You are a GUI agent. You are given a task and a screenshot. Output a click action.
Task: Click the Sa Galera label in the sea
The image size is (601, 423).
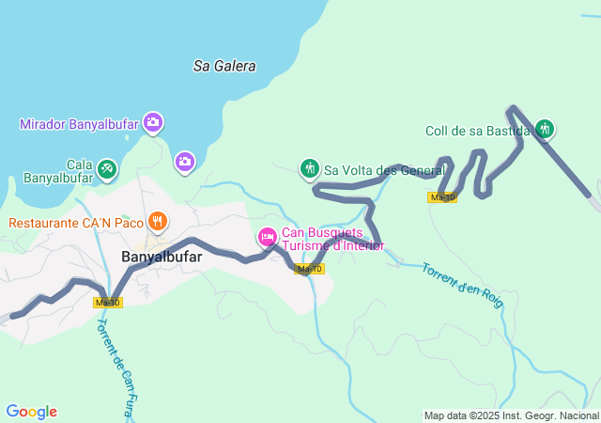click(224, 66)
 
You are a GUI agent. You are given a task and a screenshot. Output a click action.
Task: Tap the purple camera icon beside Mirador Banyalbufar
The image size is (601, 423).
click(153, 122)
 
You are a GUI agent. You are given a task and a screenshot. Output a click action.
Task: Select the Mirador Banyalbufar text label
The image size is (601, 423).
click(79, 124)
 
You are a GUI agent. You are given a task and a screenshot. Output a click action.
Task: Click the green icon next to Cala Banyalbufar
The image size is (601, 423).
click(107, 168)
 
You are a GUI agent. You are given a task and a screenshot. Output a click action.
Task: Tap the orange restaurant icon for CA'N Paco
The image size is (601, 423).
click(158, 222)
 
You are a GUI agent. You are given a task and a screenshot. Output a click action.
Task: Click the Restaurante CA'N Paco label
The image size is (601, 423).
click(76, 223)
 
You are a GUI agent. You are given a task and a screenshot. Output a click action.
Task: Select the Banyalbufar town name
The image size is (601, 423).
click(162, 256)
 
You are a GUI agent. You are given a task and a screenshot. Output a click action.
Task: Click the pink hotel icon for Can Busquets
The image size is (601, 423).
click(267, 237)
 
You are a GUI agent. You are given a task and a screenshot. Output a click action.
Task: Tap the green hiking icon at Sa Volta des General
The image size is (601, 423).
click(310, 168)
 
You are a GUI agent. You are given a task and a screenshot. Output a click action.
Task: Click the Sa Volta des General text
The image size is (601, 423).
click(384, 170)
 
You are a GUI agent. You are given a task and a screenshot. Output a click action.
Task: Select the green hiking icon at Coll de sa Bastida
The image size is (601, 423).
click(545, 130)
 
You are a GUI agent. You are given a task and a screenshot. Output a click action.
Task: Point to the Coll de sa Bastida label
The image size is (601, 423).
click(477, 132)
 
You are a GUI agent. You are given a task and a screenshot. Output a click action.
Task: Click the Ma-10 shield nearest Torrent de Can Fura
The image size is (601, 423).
click(108, 302)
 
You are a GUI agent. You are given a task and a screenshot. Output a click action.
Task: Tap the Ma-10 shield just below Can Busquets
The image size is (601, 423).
click(309, 269)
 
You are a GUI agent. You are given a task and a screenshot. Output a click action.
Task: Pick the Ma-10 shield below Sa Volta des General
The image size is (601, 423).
click(441, 196)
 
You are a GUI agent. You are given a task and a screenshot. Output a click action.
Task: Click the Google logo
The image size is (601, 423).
click(31, 412)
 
